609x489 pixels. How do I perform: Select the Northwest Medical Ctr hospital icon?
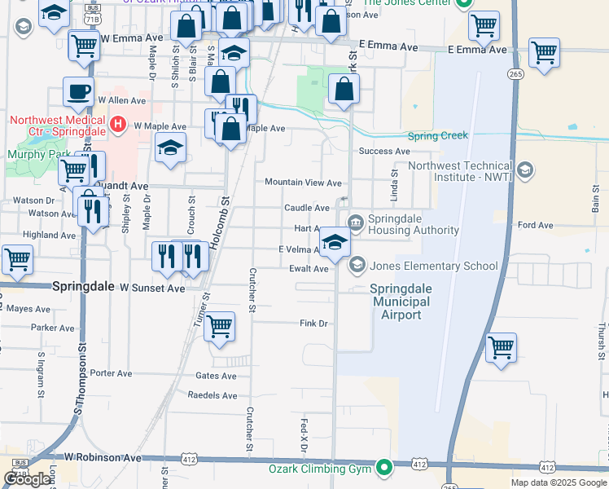(x=119, y=125)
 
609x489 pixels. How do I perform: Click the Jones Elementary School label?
(x=433, y=266)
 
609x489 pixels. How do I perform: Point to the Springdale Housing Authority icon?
(x=357, y=222)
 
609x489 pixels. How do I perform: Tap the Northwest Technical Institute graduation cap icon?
(x=525, y=170)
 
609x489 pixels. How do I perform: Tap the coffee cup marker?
(x=78, y=91)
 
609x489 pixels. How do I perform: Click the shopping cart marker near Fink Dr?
(x=219, y=327)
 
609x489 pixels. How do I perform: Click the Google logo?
(x=28, y=479)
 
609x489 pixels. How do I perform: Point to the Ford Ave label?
(x=535, y=225)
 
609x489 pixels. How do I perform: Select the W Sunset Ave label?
(x=152, y=289)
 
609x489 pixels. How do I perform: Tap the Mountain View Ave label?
(x=302, y=183)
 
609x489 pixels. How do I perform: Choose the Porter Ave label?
(x=112, y=373)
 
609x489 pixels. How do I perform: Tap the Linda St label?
(x=395, y=183)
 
